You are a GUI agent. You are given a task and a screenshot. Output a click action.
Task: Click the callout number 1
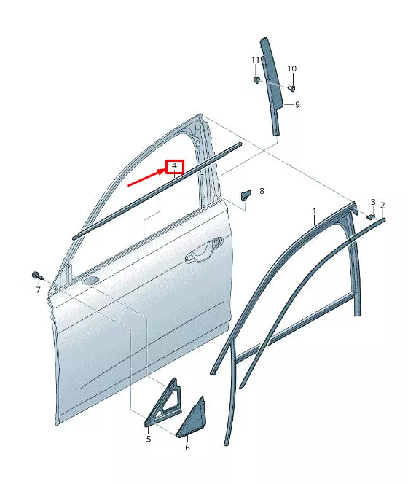(x=314, y=212)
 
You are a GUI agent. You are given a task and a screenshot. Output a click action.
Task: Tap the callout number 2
(x=382, y=206)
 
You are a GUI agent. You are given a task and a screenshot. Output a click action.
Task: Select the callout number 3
(x=372, y=202)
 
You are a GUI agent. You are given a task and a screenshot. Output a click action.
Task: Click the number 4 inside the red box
(x=174, y=167)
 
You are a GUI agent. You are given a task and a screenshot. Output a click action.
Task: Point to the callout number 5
(x=148, y=439)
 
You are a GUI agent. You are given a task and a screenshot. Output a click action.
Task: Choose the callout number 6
(x=187, y=447)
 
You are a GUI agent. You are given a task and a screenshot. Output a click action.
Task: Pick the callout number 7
(x=38, y=290)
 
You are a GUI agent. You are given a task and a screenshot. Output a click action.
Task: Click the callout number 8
(x=262, y=191)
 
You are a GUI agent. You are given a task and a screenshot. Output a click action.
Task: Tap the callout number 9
(x=297, y=105)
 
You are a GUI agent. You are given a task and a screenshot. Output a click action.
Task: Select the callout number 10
(x=291, y=69)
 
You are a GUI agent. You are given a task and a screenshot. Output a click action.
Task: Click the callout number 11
(x=256, y=59)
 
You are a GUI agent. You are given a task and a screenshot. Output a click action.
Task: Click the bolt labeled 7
(x=37, y=275)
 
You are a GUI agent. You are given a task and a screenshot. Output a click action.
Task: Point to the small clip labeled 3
(x=369, y=216)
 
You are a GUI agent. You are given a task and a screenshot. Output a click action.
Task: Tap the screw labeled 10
(x=291, y=88)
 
